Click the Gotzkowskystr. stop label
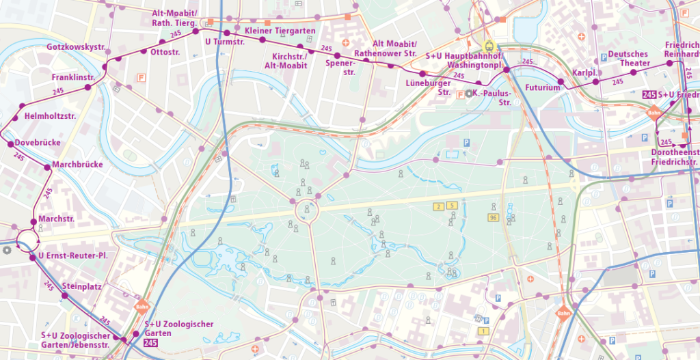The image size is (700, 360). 75,47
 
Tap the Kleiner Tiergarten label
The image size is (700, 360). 280,31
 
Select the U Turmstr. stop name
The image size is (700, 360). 225,42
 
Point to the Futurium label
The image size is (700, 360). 543,87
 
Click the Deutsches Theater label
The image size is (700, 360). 629,59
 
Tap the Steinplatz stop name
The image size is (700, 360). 81,286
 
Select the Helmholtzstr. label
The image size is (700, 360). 50,116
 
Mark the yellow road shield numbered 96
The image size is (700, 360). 492,217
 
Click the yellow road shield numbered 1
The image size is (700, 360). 484,331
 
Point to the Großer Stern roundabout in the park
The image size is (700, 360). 306,211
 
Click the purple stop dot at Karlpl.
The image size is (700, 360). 595,81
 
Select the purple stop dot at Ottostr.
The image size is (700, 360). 144,51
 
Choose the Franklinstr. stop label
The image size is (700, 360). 73,77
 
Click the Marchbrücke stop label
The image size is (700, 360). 77,165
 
